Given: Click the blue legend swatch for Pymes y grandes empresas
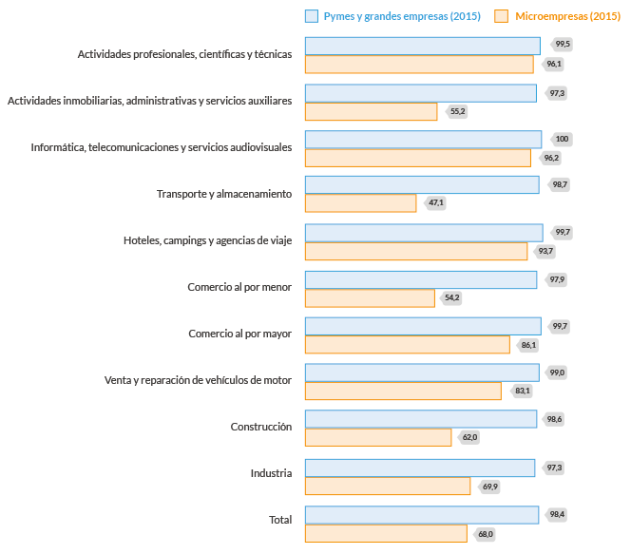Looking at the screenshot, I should pyautogui.click(x=311, y=16).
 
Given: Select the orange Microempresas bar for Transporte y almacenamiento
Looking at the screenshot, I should pyautogui.click(x=360, y=203).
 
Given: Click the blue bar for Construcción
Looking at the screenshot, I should pyautogui.click(x=421, y=419).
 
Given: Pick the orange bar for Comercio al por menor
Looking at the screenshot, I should pyautogui.click(x=370, y=297).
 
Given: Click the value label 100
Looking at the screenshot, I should pyautogui.click(x=562, y=139).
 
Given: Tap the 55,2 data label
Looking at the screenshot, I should pyautogui.click(x=458, y=111).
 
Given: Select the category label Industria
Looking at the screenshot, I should pyautogui.click(x=271, y=473).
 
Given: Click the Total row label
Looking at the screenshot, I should pyautogui.click(x=280, y=520).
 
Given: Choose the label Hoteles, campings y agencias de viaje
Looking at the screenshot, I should pyautogui.click(x=207, y=240).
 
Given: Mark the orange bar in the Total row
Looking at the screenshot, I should pyautogui.click(x=386, y=533).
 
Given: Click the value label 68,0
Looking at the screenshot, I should pyautogui.click(x=486, y=534).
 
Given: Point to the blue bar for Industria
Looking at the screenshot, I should pyautogui.click(x=420, y=468).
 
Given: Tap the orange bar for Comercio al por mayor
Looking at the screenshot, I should pyautogui.click(x=407, y=344).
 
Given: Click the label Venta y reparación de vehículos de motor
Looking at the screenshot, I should pyautogui.click(x=198, y=380).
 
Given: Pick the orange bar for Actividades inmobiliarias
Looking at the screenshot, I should pyautogui.click(x=371, y=111).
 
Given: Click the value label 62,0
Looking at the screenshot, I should pyautogui.click(x=469, y=437).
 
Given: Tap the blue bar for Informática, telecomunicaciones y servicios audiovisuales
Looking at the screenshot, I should pyautogui.click(x=423, y=139).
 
